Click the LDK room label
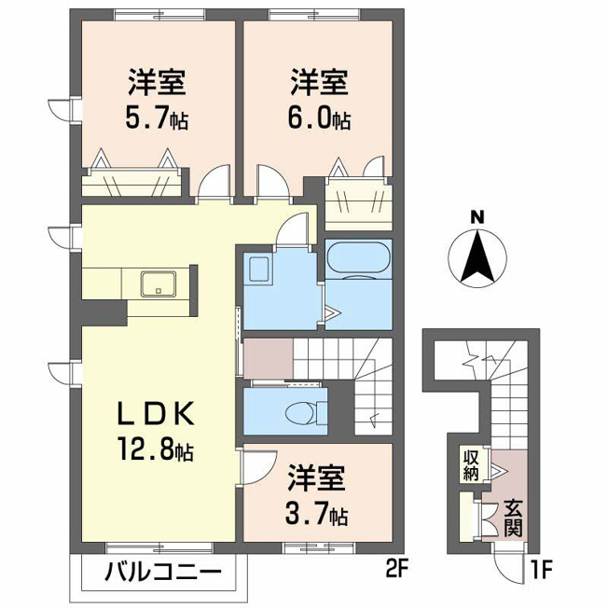click(x=156, y=414)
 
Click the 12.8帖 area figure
click(x=156, y=449)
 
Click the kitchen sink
click(x=159, y=283)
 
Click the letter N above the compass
click(x=477, y=217)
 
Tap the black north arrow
click(x=477, y=256)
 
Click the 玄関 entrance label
click(x=513, y=518)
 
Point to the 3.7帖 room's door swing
click(x=258, y=466)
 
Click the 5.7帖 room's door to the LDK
click(x=214, y=181)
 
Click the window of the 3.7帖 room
click(x=319, y=547)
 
